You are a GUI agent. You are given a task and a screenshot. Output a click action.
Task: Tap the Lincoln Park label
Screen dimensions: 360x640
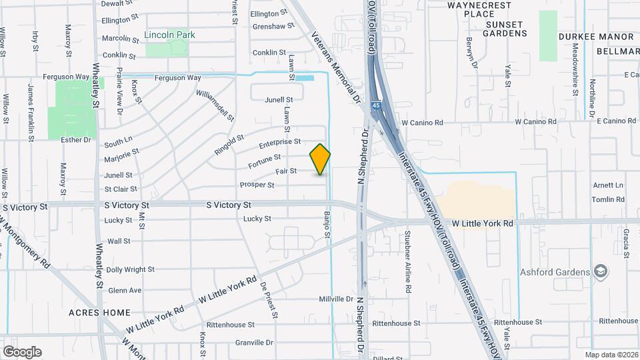click(x=174, y=35)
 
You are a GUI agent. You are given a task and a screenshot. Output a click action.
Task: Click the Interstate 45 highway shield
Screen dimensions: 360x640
click(x=376, y=105)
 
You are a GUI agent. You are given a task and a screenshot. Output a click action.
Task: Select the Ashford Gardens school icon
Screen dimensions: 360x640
click(x=601, y=271)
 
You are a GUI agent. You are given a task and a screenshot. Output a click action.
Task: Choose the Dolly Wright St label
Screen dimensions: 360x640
click(x=130, y=270)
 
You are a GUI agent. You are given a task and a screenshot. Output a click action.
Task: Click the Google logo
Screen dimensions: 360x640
click(x=22, y=351)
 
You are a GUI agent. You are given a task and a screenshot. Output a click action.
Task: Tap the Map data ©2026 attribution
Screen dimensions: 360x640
click(x=610, y=355)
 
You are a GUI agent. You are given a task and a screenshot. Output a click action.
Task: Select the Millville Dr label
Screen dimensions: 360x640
click(x=335, y=299)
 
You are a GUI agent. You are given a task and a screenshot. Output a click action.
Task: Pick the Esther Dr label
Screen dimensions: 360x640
click(x=75, y=140)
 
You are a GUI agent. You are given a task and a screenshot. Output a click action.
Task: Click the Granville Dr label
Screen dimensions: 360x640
click(x=255, y=343)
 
